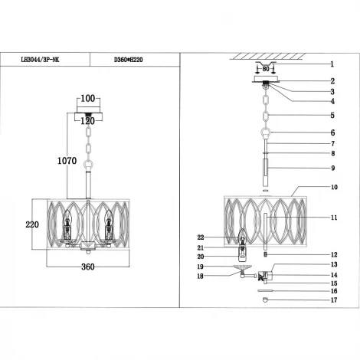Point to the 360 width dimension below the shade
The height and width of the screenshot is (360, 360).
click(87, 267)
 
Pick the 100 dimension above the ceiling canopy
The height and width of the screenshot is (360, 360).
click(88, 100)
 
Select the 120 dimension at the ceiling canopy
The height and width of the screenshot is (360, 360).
click(88, 121)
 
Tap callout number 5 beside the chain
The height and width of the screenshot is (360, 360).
click(332, 116)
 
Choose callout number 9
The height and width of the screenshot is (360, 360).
click(332, 168)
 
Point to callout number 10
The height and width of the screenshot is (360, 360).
click(333, 186)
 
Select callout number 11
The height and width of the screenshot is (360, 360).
click(333, 218)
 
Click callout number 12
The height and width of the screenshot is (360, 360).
click(333, 255)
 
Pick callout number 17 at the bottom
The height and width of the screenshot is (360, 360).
click(333, 300)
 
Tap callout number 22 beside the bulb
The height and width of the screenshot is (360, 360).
click(201, 238)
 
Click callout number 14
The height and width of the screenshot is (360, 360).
click(333, 274)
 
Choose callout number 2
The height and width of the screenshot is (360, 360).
click(332, 80)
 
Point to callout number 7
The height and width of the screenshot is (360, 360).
click(332, 143)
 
